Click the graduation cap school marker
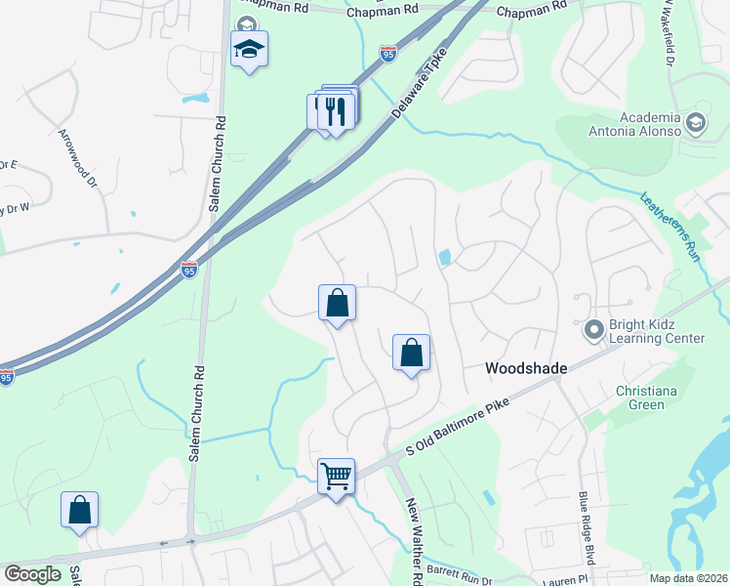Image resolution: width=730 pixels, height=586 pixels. [x=249, y=49]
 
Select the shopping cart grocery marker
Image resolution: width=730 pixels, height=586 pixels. [x=336, y=478]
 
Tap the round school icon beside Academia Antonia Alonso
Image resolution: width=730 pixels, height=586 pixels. [x=695, y=122]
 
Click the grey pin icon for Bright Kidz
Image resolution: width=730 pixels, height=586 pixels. [x=592, y=330]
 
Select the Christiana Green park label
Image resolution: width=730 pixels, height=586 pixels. [x=653, y=398]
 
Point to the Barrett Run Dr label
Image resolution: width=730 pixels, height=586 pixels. [x=458, y=576]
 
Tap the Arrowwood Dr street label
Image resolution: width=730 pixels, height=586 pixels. [x=78, y=156]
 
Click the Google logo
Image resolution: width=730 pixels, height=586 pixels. [x=32, y=574]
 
